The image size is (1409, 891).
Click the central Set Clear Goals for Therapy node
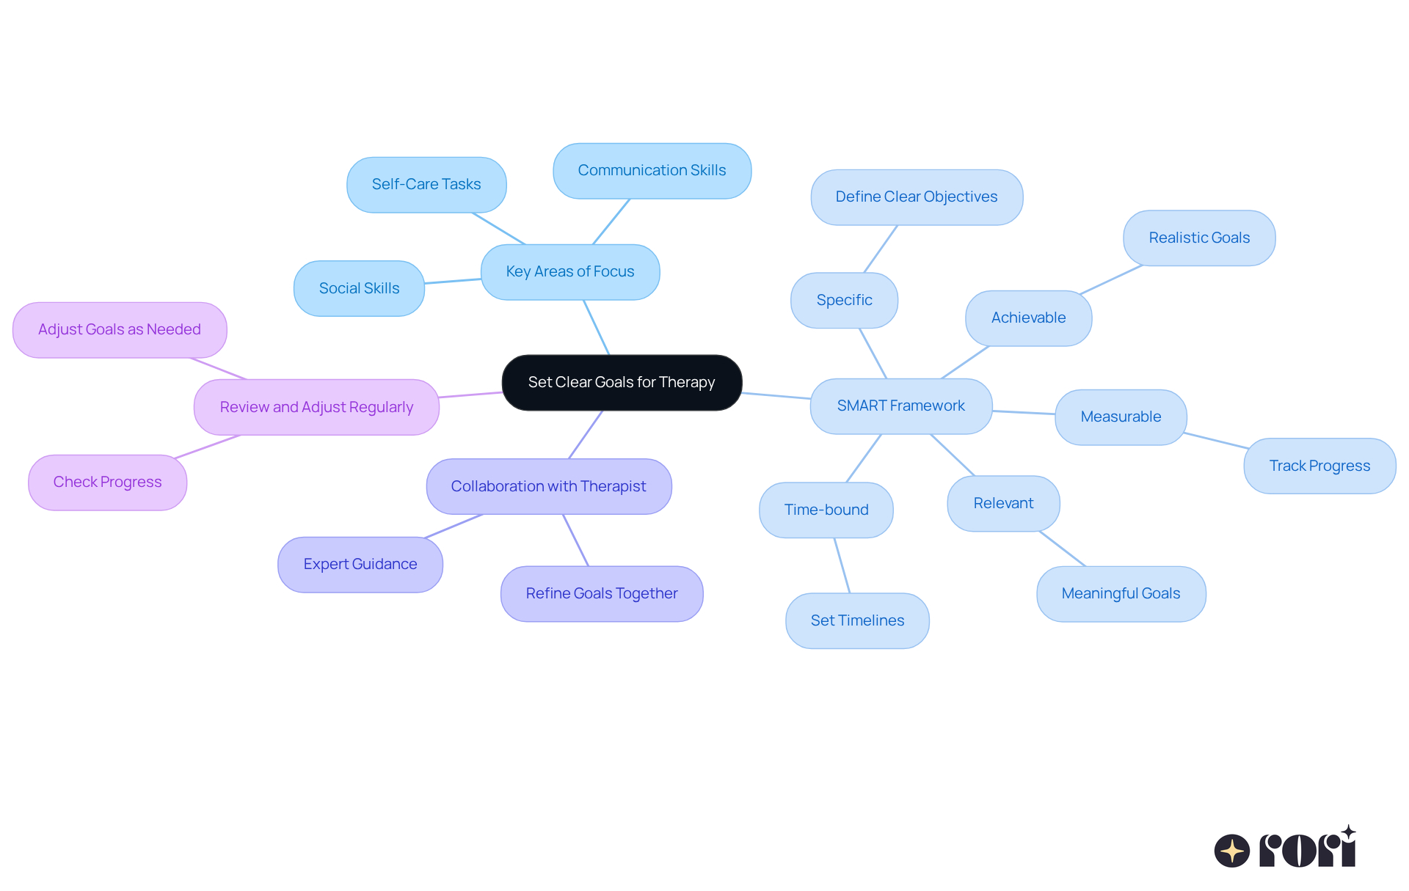622,382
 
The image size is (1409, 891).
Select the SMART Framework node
900,406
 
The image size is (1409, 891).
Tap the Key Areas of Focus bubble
569,271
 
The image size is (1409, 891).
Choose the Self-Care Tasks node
426,184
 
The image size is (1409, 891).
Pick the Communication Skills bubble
652,170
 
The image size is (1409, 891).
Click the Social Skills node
359,288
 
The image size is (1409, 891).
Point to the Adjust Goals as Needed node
120,329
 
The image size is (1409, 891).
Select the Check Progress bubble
107,482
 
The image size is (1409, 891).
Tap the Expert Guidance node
360,564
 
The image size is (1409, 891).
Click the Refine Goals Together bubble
601,593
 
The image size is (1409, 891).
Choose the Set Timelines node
857,620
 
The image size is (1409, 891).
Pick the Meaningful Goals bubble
1121,593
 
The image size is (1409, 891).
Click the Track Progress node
1319,466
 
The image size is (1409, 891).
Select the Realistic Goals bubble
1199,238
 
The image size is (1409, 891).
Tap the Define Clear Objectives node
916,197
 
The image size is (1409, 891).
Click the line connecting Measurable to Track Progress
1216,440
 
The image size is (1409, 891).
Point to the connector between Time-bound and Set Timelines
842,565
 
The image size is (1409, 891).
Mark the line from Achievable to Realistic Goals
1111,279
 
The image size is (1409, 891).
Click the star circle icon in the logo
1231,851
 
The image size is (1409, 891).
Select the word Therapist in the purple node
613,486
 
